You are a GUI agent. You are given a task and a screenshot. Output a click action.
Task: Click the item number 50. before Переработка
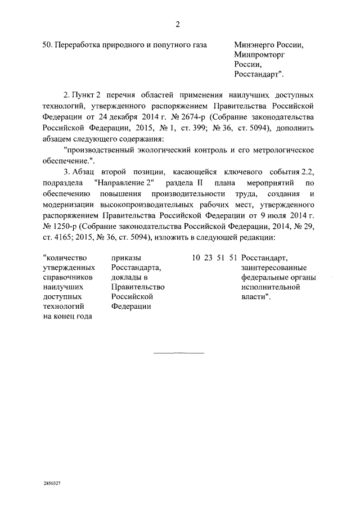pyautogui.click(x=48, y=45)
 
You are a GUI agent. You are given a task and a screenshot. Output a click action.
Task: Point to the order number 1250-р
pyautogui.click(x=58, y=226)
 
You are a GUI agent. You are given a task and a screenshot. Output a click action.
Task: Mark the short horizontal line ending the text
pyautogui.click(x=179, y=353)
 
